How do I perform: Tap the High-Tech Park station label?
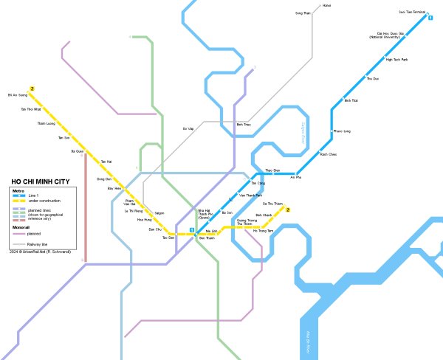click(397, 59)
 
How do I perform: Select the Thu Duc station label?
click(373, 78)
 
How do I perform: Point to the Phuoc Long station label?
click(342, 131)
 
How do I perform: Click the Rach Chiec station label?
click(328, 154)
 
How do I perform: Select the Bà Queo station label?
click(78, 151)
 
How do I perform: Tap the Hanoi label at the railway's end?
click(327, 6)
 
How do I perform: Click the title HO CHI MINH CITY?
click(41, 181)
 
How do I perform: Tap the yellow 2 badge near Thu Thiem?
click(289, 210)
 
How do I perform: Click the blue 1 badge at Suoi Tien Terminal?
click(430, 18)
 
